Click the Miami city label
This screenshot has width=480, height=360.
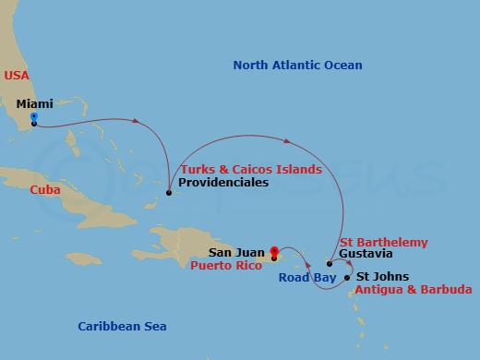34,104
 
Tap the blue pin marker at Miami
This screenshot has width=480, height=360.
33,118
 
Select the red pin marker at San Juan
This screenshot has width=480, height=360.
274,250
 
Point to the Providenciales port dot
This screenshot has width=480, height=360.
168,194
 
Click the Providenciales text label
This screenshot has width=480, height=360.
222,183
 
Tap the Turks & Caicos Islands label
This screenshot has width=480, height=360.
251,170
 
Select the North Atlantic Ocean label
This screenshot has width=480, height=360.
297,66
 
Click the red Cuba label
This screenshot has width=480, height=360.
45,189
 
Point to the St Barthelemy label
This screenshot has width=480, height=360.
383,242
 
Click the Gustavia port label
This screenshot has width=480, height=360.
366,254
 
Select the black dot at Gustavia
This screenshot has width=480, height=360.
330,264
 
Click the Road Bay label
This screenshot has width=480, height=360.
308,276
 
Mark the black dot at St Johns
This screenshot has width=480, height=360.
347,277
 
